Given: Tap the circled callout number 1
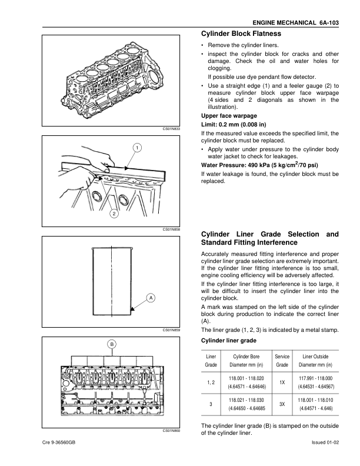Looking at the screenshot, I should (x=136, y=147).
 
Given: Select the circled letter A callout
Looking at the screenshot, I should (x=151, y=298).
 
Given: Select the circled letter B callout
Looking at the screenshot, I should (x=111, y=343).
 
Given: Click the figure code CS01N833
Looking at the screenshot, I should (x=172, y=128).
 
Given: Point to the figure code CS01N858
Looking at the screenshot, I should (x=172, y=230).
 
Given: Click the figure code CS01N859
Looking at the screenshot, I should (x=172, y=330).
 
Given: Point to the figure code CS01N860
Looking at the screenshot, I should (x=172, y=431).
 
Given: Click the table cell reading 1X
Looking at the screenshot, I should (x=282, y=382).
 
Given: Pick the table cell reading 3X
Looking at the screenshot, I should (x=282, y=404).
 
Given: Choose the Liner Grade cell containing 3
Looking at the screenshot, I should (x=211, y=404).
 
